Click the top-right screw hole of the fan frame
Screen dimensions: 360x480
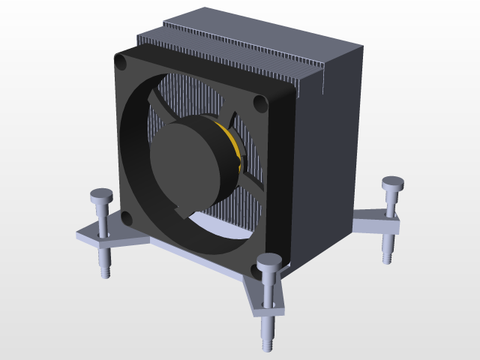tap(259, 103)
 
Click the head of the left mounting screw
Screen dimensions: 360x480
tap(101, 196)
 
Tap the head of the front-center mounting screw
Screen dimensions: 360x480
tap(269, 262)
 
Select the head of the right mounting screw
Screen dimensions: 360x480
tap(393, 182)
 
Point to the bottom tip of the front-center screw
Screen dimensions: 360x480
tap(268, 346)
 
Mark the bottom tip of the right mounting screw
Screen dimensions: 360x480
tap(387, 259)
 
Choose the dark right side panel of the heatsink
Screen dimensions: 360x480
tap(330, 165)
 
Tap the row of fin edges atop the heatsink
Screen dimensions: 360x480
tap(240, 60)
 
